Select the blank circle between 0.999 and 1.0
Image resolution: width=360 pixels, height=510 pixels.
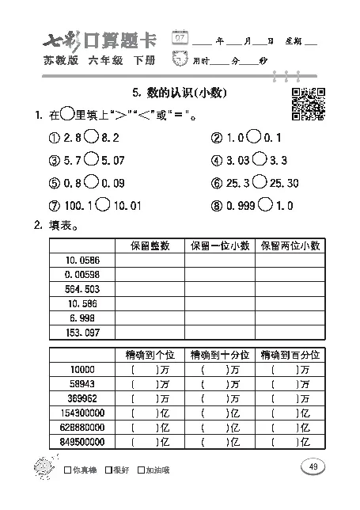click(265, 205)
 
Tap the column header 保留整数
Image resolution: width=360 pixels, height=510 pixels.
click(150, 245)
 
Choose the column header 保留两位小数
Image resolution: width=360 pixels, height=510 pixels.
click(290, 245)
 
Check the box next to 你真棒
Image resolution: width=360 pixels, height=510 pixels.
click(66, 470)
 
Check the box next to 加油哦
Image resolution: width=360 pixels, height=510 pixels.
click(141, 470)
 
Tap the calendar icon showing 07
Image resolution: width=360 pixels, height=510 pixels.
click(181, 39)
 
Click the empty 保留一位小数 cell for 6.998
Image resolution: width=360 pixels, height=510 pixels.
click(219, 318)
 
